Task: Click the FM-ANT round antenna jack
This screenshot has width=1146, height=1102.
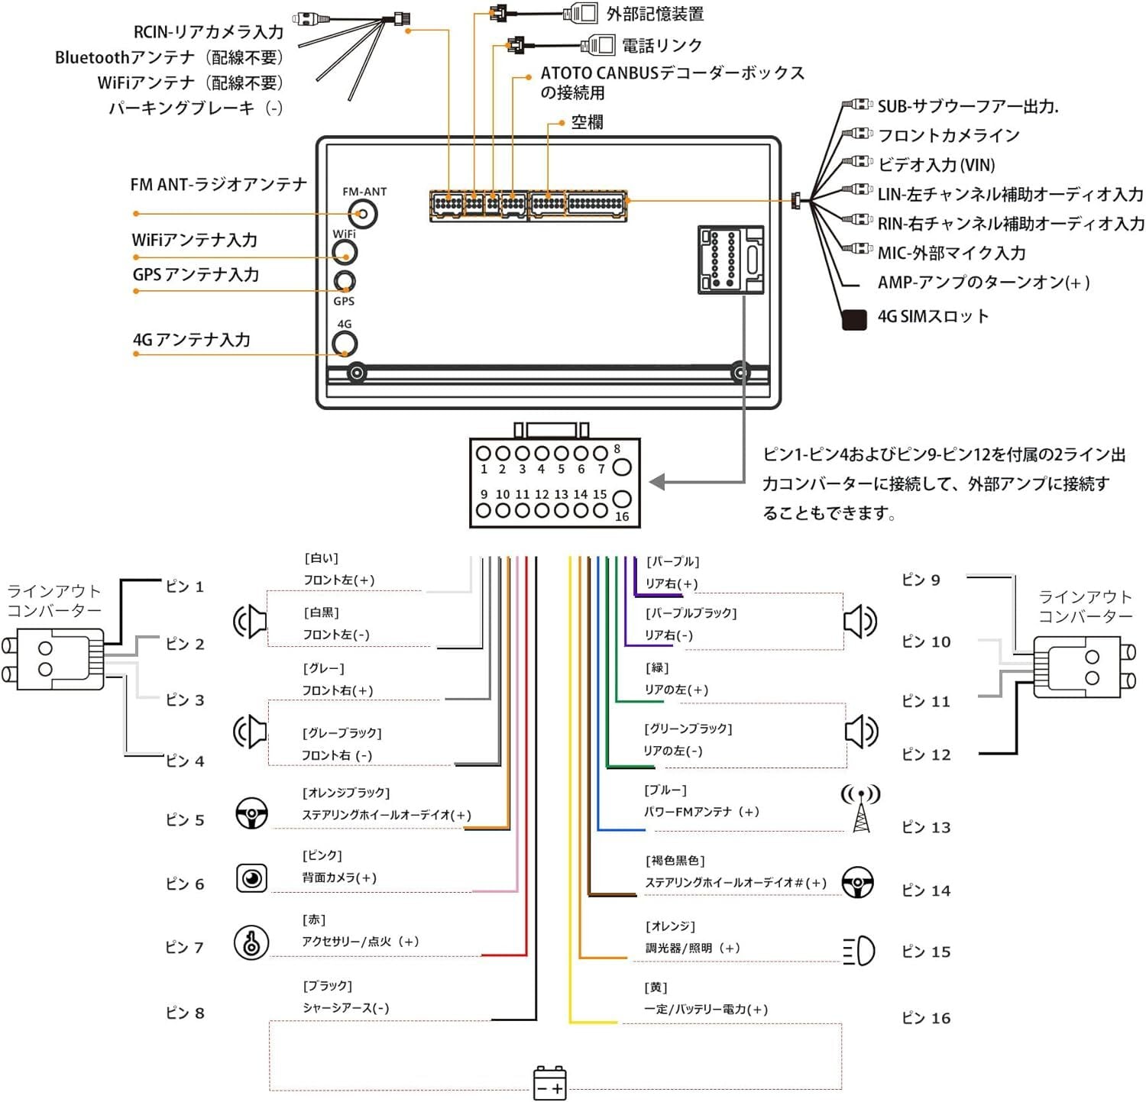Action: pos(364,214)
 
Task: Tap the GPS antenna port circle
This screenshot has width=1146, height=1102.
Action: pos(345,281)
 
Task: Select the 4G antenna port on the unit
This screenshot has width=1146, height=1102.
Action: pos(345,344)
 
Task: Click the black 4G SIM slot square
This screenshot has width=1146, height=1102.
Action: pos(853,319)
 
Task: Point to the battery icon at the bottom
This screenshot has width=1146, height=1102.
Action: pos(549,1083)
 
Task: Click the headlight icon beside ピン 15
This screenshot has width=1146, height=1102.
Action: pos(859,951)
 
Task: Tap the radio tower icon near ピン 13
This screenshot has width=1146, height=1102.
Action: pos(860,808)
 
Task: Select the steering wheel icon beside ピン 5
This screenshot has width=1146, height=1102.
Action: pos(251,813)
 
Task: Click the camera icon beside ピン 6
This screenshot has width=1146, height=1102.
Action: pos(251,878)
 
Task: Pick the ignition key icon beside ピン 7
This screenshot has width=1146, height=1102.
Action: pos(251,942)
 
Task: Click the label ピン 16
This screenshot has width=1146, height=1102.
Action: pos(926,1018)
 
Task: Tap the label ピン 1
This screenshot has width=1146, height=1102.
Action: pos(185,587)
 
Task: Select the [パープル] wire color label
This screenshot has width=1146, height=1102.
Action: pos(672,561)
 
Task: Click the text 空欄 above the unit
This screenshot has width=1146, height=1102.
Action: pos(587,122)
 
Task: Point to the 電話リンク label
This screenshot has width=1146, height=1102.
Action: pos(662,46)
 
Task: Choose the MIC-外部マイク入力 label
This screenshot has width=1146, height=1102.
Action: pos(951,253)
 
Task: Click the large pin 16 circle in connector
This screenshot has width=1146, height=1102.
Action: pos(622,499)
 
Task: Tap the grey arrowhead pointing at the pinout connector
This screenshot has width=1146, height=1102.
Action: pos(658,482)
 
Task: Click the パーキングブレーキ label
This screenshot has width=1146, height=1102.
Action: pos(196,108)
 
